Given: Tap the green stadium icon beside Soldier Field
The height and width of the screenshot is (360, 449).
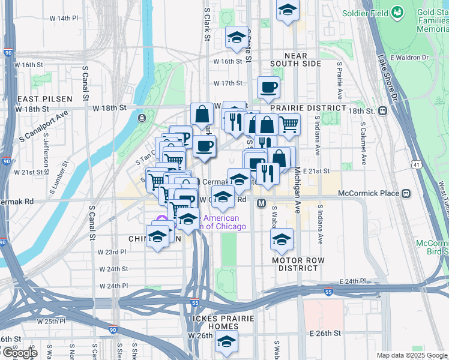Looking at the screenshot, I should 397,12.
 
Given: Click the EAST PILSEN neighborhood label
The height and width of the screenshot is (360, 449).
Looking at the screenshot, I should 45,98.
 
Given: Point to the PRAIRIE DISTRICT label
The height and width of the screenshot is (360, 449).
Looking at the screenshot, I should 309,108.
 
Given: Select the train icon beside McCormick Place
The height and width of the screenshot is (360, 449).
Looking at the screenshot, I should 406,193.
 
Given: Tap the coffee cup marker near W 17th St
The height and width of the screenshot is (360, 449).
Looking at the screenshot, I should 268,87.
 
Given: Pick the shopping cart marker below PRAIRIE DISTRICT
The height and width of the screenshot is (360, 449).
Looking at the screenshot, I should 289,124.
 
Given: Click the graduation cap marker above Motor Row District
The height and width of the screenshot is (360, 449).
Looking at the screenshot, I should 282,239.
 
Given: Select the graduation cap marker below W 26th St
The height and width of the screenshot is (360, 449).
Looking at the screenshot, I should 226,343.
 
